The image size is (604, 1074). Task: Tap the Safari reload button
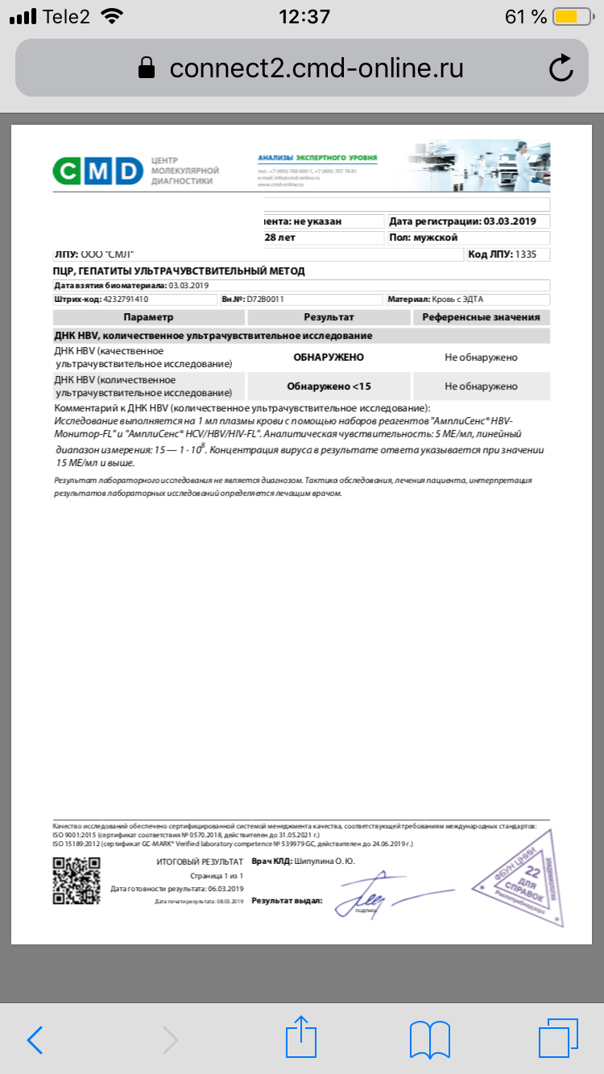(561, 68)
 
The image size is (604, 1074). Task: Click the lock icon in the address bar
(147, 68)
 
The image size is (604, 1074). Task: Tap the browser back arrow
(35, 1039)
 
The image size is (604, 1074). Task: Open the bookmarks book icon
(429, 1039)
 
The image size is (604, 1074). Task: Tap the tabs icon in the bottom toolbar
(557, 1039)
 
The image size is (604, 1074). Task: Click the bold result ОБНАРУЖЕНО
(329, 357)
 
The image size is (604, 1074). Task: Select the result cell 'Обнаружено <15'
(329, 386)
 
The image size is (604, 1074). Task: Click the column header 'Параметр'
(148, 317)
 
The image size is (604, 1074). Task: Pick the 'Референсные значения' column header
(482, 317)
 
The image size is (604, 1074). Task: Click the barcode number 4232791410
(126, 299)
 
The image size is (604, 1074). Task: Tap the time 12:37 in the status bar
(304, 17)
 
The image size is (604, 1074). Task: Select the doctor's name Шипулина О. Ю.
(321, 861)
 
